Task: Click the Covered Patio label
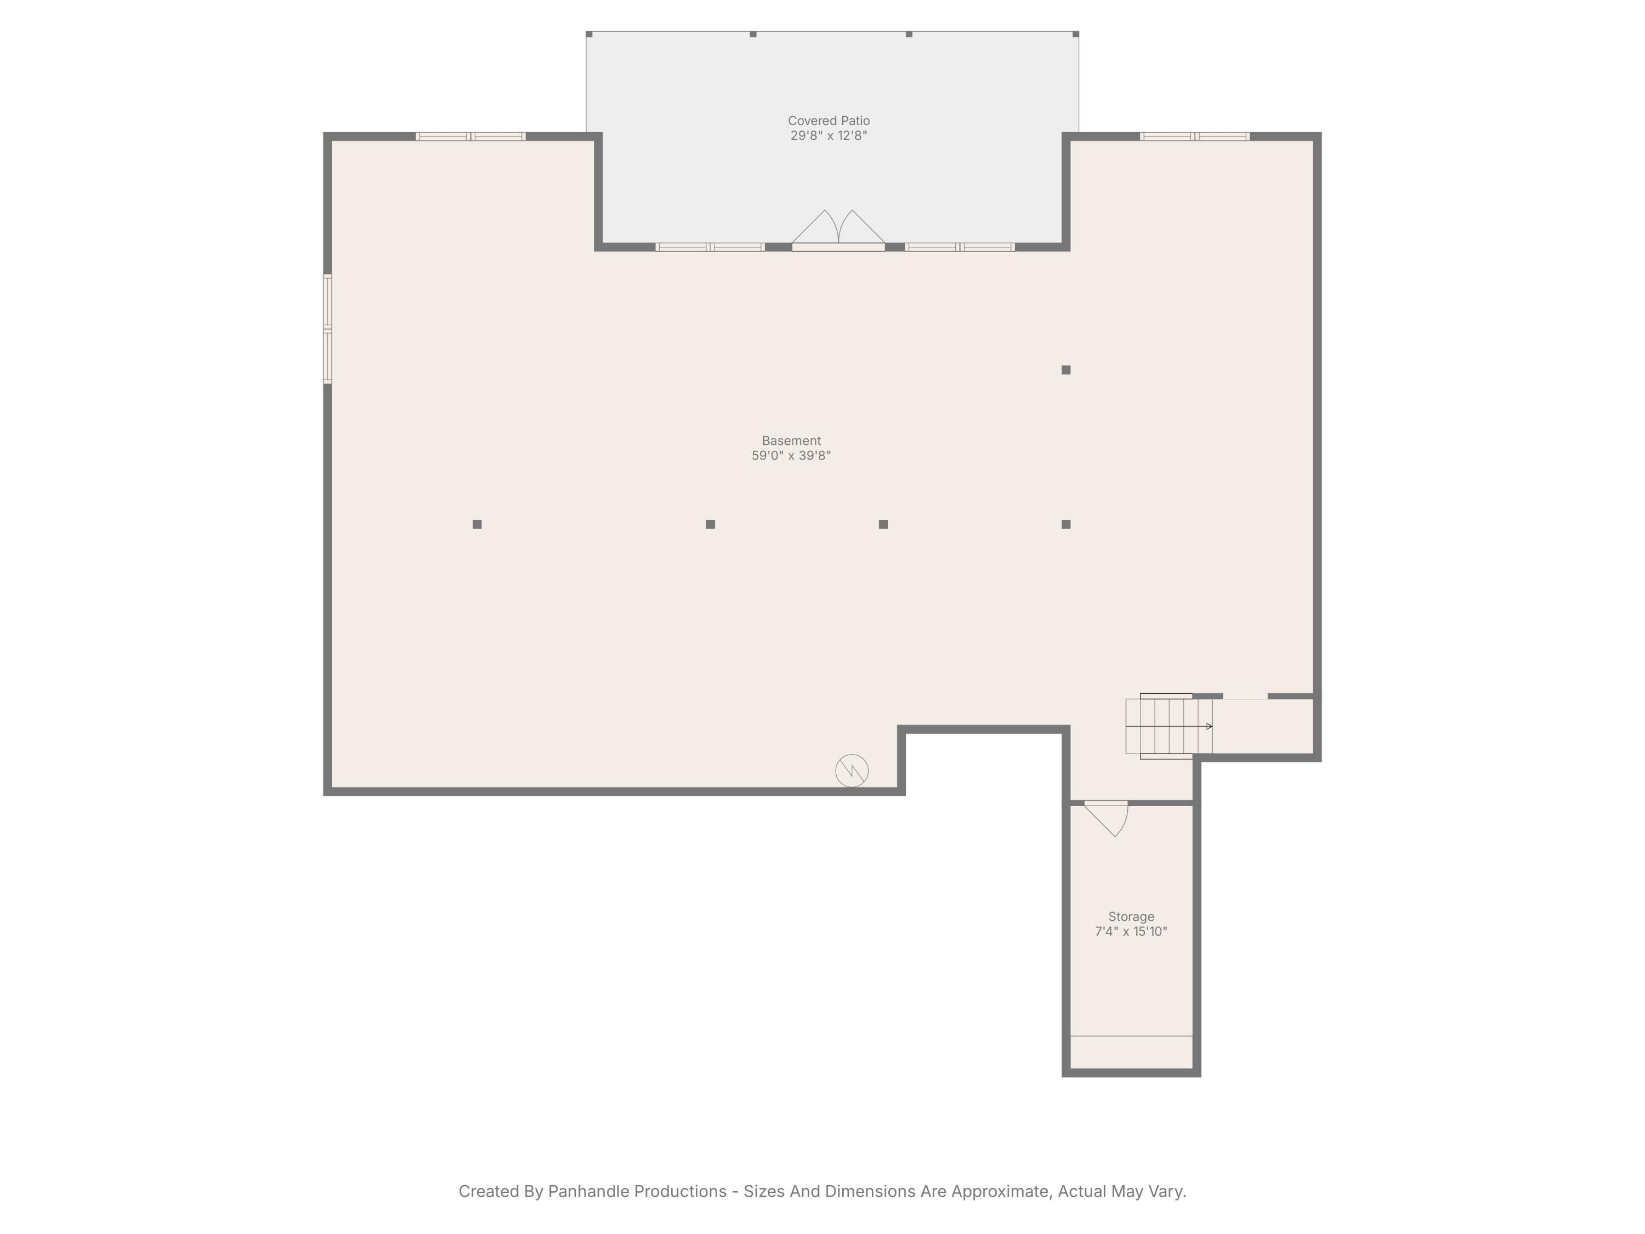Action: click(829, 121)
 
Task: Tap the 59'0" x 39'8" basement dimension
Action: click(791, 456)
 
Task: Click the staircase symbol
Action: click(1168, 726)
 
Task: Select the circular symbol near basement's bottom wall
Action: click(852, 771)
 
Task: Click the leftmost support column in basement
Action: click(478, 524)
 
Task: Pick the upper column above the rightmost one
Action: click(1065, 370)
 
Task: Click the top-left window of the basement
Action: click(470, 137)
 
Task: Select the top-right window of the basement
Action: click(1194, 137)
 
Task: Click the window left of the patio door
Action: click(710, 247)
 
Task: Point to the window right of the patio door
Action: click(960, 247)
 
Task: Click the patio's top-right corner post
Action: click(1075, 34)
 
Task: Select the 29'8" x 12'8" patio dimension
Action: click(829, 136)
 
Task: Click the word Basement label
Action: click(791, 441)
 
